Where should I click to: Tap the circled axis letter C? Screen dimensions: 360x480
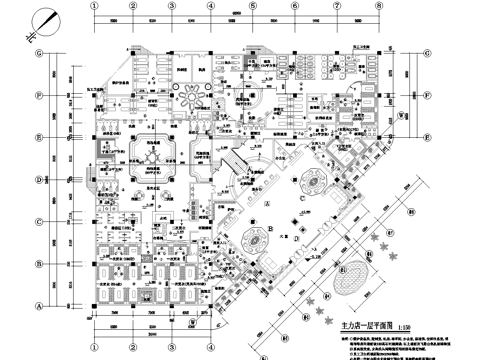coord(39,221)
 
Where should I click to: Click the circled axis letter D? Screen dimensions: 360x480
coord(39,180)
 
